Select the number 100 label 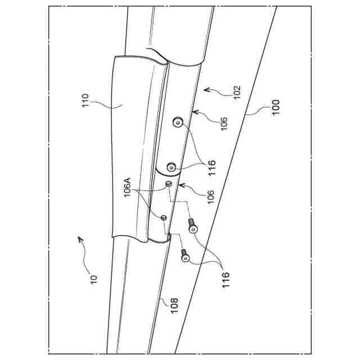275,107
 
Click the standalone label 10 93,277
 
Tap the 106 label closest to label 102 223,124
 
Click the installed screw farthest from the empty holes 178,122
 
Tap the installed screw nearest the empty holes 172,167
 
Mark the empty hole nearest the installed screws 168,183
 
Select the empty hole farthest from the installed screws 163,217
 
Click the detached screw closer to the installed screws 192,228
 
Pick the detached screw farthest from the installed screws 185,258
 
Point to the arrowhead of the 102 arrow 205,88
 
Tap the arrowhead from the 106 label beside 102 192,112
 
